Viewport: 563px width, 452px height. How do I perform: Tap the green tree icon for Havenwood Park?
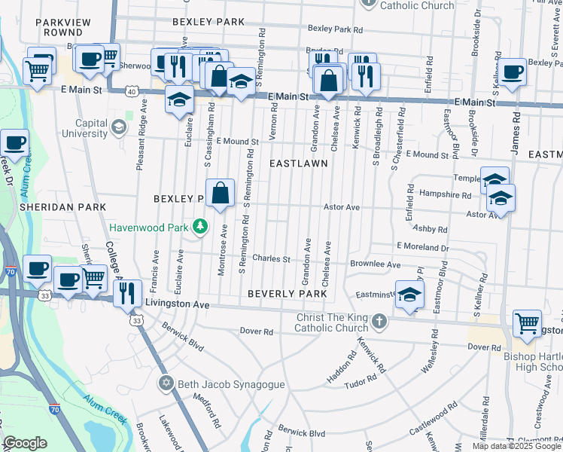(199, 225)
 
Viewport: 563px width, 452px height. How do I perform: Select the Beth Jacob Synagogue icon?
(166, 384)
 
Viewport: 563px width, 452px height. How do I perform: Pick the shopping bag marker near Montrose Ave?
(220, 194)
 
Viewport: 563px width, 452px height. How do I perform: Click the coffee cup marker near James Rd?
(513, 73)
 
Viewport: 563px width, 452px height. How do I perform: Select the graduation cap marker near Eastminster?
(409, 295)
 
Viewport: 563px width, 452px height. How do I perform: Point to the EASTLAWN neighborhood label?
(299, 163)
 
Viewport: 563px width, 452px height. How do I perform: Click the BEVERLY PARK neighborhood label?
(287, 294)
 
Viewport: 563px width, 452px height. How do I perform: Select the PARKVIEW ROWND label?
(63, 27)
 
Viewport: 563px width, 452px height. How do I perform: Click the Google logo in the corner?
(25, 443)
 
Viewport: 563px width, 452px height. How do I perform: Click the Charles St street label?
(271, 259)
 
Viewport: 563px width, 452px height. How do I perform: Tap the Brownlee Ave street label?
(375, 264)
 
